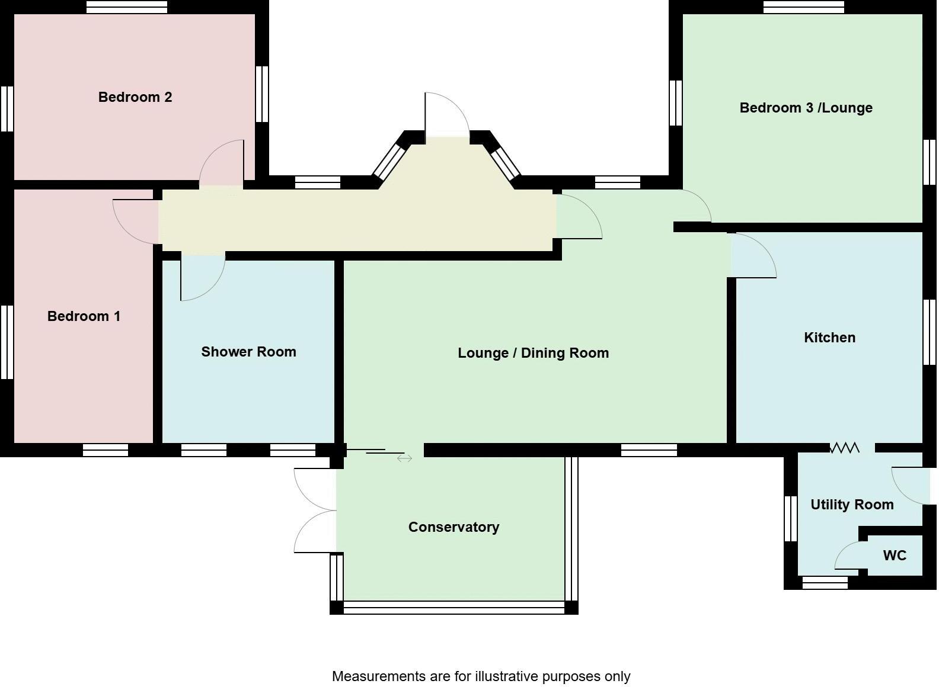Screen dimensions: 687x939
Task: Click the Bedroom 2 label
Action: pos(135,97)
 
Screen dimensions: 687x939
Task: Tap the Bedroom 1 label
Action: pos(84,316)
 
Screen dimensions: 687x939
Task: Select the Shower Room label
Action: pos(248,352)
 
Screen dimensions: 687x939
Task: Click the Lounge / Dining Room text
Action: pos(533,353)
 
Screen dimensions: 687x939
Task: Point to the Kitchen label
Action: pos(829,338)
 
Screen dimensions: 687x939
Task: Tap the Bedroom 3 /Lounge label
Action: pos(806,108)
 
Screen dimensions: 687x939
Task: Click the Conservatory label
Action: pos(453,527)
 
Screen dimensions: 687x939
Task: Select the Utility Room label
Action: pos(852,505)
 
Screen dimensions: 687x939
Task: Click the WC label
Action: pos(895,556)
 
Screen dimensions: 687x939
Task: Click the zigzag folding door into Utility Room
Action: pos(844,448)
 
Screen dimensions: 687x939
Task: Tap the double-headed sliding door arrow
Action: pos(404,458)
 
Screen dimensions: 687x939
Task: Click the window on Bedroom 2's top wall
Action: pos(126,7)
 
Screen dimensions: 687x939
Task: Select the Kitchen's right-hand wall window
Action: pos(930,332)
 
